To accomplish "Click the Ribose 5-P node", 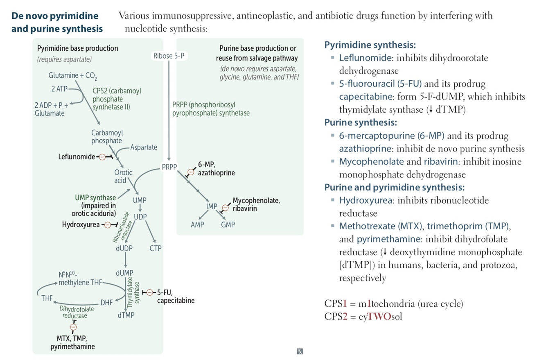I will (x=169, y=56).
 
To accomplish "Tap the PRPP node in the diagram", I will (x=169, y=167).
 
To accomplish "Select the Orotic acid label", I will (x=123, y=177).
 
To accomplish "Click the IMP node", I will (x=212, y=206).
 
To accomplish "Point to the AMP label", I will (x=197, y=224).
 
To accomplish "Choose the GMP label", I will (x=228, y=224).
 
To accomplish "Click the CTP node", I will (x=156, y=248).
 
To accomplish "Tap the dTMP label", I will (x=126, y=315).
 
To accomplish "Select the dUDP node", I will (x=124, y=248).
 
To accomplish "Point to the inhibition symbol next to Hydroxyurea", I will (x=108, y=224).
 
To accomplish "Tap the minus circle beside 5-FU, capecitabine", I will (x=150, y=292).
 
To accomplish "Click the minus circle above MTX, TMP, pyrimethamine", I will (x=74, y=327).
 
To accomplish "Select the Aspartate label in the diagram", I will (x=144, y=147).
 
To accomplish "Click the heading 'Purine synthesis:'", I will (x=361, y=122).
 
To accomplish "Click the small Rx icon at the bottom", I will (x=300, y=351).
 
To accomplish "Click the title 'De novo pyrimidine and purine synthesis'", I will (x=57, y=22).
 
